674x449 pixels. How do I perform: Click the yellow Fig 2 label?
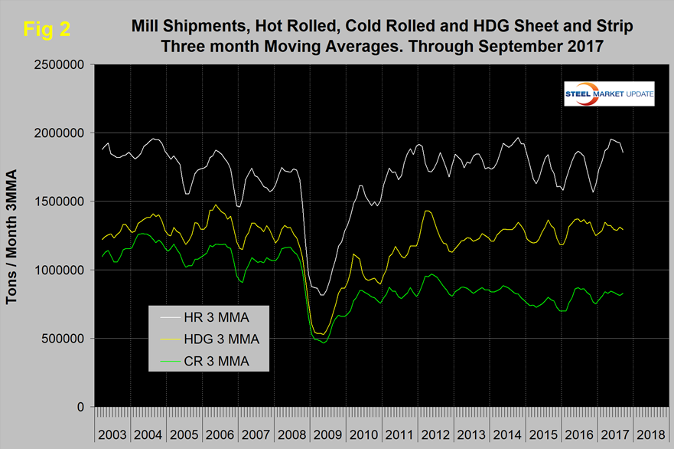pyautogui.click(x=48, y=30)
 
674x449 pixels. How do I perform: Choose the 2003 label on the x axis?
pyautogui.click(x=112, y=434)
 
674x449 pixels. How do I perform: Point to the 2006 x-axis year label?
pyautogui.click(x=220, y=434)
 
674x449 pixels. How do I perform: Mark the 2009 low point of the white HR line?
pyautogui.click(x=323, y=295)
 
